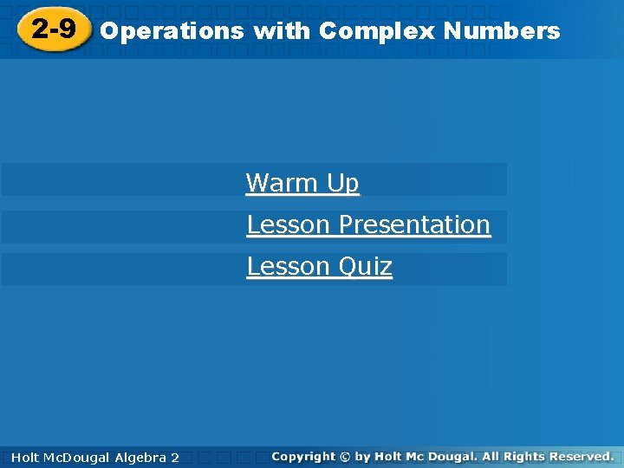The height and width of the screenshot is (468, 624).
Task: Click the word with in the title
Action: pos(283,32)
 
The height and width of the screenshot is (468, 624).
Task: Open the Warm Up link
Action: pos(302,183)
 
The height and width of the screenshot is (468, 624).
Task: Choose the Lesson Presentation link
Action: pos(368,224)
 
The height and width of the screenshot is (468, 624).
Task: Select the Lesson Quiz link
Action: pos(319,266)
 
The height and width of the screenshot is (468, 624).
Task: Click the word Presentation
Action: pos(414,224)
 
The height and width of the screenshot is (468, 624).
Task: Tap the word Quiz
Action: pos(365,266)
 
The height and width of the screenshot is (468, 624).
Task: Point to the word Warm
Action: pos(283,183)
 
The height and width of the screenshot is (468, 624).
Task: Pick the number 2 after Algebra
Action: pos(175,457)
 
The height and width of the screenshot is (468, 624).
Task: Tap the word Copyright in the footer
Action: pos(302,456)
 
